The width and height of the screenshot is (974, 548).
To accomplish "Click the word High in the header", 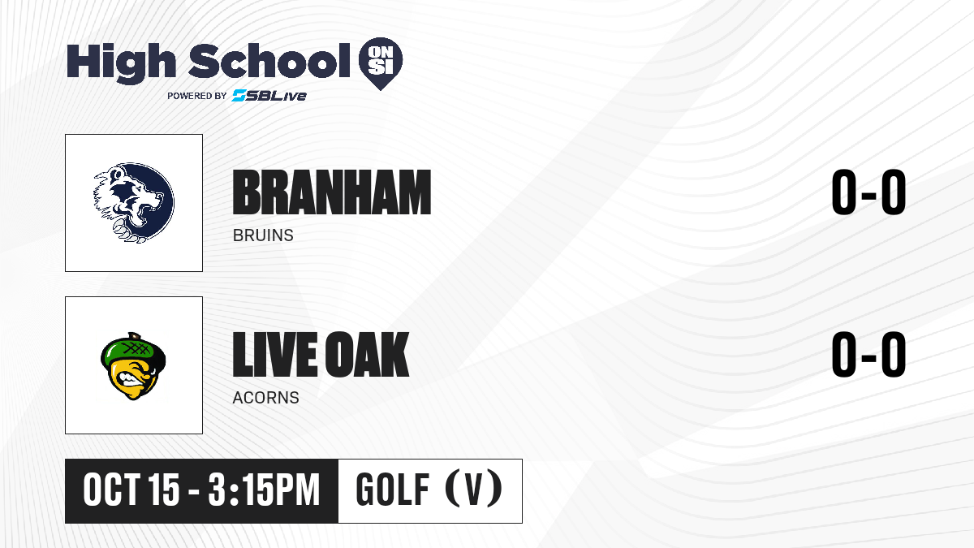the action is click(121, 63).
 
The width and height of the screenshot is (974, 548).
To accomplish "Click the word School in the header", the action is click(269, 61).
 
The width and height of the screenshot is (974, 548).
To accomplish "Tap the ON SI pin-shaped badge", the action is click(381, 63).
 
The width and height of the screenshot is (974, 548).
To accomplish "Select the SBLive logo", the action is click(269, 96).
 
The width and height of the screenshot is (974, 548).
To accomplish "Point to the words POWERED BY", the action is click(197, 96).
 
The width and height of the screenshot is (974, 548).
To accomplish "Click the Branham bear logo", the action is click(134, 202).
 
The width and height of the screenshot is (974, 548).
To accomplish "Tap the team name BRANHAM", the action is click(332, 192).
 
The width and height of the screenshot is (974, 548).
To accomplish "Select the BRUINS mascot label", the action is click(263, 235).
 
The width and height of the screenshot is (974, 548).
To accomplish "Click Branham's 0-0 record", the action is click(868, 192).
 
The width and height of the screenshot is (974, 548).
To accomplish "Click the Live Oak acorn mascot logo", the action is click(133, 366).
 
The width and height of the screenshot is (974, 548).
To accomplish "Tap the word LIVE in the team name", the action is click(275, 354).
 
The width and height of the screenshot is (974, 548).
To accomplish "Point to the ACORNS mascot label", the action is click(265, 398).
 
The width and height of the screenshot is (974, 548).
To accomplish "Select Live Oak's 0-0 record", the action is click(868, 354).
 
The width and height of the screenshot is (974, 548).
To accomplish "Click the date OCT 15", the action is click(131, 490).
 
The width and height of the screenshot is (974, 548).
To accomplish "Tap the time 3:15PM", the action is click(264, 490).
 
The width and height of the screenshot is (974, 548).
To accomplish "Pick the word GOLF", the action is click(393, 490).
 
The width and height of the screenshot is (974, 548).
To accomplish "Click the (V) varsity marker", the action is click(473, 489).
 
